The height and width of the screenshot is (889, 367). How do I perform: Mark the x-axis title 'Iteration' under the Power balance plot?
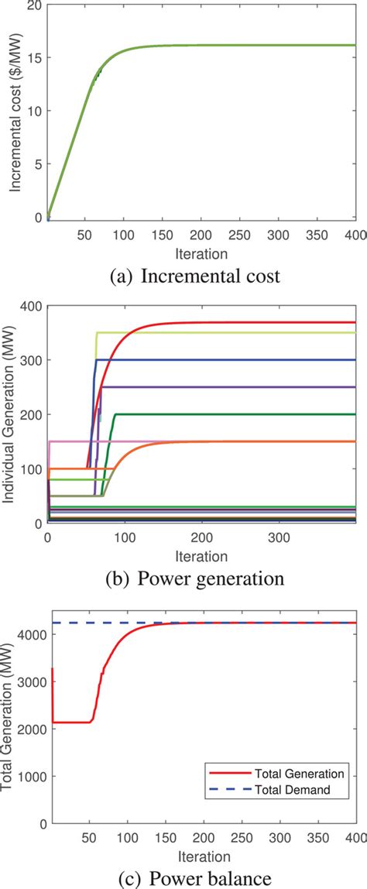click(x=201, y=856)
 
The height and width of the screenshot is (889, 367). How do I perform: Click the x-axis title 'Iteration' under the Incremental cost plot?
click(x=201, y=253)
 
